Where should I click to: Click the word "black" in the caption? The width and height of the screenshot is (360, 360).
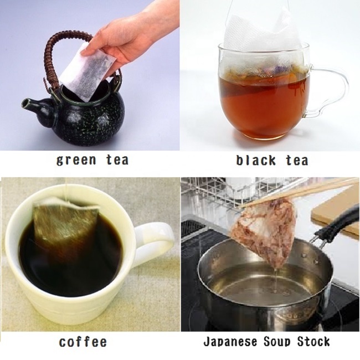coord(255,161)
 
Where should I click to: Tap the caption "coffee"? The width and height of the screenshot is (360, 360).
coord(83,342)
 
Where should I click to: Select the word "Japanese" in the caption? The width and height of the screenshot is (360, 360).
coord(227,342)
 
